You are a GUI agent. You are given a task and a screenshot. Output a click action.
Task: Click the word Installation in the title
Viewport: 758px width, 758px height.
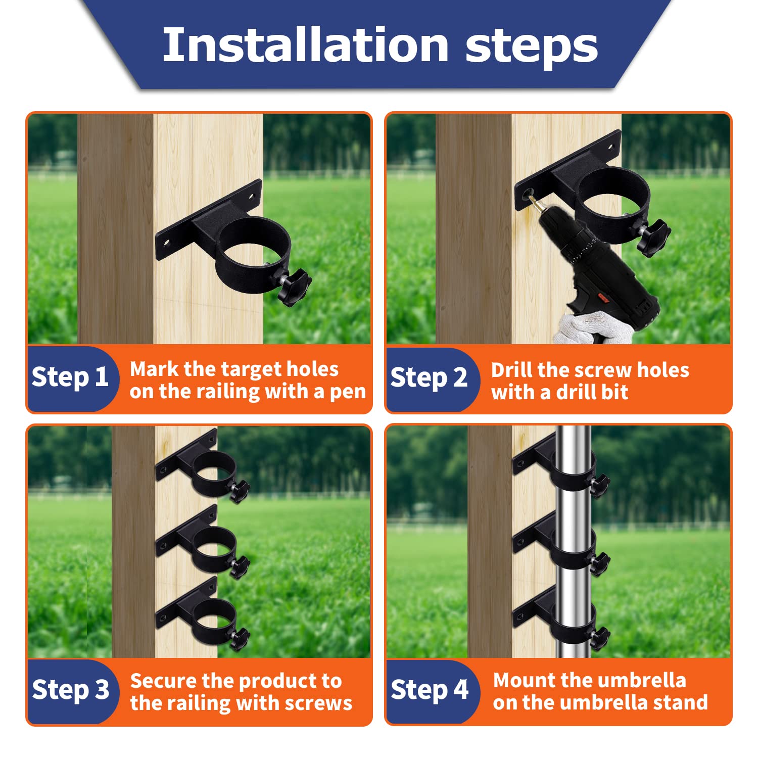pyautogui.click(x=306, y=45)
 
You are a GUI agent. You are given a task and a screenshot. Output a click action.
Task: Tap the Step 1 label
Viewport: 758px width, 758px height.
pyautogui.click(x=70, y=377)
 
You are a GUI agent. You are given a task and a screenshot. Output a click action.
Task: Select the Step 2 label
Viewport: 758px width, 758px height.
pyautogui.click(x=429, y=378)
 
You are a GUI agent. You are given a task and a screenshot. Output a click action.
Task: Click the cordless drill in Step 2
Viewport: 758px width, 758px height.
pyautogui.click(x=596, y=263)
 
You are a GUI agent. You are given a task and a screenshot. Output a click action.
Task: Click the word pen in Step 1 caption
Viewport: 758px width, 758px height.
pyautogui.click(x=348, y=393)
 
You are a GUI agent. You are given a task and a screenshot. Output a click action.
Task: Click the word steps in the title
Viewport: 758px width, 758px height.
pyautogui.click(x=532, y=46)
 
